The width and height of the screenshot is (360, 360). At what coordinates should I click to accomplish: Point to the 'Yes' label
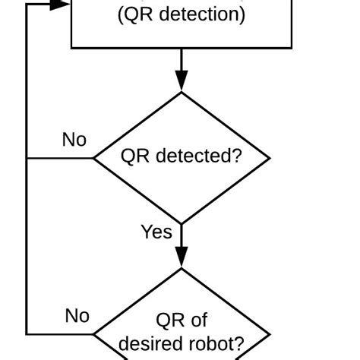[156, 232]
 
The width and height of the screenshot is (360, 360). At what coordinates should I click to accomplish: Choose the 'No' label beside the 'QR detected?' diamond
[74, 140]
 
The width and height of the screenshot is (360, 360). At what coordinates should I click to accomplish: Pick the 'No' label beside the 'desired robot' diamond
[77, 316]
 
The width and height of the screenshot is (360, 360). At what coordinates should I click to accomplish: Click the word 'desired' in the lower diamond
[150, 344]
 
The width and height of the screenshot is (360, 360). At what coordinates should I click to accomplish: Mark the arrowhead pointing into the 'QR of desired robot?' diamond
[182, 259]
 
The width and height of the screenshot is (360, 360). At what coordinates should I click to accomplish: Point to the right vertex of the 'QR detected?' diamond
[270, 158]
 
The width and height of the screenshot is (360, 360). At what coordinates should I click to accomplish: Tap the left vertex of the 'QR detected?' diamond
[93, 158]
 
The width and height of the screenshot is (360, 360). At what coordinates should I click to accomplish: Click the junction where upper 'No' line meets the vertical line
[27, 158]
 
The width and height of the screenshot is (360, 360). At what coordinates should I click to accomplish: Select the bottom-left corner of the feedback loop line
[27, 334]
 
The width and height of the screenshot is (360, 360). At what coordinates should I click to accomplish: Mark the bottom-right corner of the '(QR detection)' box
[292, 48]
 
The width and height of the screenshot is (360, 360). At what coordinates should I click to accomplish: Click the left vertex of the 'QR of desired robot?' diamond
[93, 334]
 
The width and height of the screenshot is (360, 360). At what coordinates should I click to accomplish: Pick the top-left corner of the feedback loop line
[27, 4]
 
